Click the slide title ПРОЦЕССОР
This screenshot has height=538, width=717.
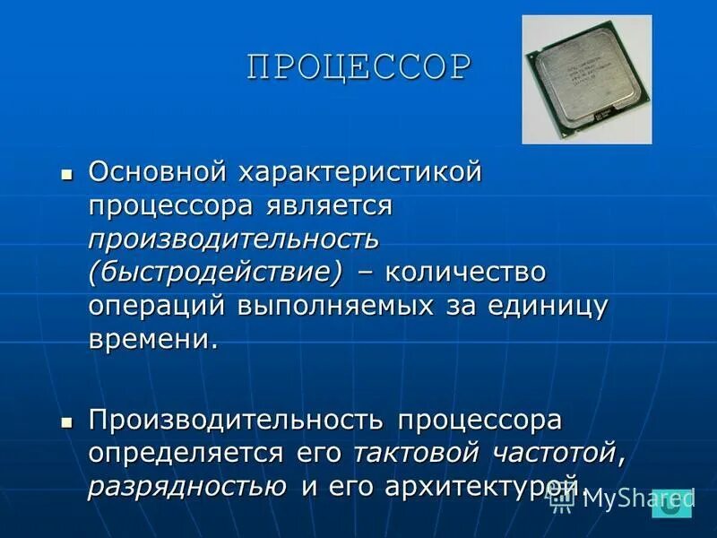[x=358, y=68]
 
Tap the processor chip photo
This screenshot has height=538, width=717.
[x=587, y=80]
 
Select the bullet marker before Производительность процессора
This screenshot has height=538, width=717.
[x=65, y=421]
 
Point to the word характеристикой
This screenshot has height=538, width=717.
[x=359, y=171]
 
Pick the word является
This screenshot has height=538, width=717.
[x=330, y=205]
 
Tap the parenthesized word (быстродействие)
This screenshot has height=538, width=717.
[x=216, y=272]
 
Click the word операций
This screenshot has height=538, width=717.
[x=156, y=306]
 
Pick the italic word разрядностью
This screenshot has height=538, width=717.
[x=187, y=487]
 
